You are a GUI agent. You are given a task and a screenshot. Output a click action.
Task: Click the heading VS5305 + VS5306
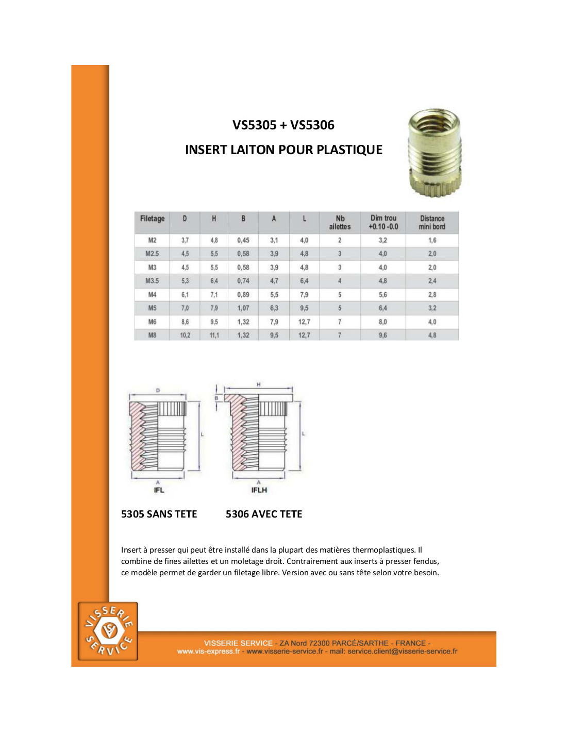point(283,125)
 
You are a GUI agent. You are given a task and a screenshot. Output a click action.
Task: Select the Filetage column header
point(152,219)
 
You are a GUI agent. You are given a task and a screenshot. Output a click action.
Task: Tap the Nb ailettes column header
point(340,223)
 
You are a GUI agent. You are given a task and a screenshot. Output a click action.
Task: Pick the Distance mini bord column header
point(432,223)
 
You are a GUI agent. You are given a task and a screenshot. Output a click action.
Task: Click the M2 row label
point(152,240)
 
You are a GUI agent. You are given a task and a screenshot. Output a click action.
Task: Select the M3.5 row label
point(152,281)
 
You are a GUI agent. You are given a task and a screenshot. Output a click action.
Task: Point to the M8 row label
point(152,335)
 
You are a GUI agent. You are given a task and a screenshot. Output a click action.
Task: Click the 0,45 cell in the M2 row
point(243,240)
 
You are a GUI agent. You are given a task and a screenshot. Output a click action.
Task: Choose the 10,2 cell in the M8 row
point(185,335)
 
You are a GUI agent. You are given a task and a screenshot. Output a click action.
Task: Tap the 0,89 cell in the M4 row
point(243,295)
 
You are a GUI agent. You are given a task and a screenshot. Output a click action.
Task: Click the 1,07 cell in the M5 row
point(243,308)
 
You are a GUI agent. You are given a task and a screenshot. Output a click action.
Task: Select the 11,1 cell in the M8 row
point(214,335)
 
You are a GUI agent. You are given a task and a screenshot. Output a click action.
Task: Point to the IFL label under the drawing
point(159,490)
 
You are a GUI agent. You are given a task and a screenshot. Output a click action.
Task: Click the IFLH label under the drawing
point(259,490)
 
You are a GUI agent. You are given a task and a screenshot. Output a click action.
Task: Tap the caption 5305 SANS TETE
point(159,514)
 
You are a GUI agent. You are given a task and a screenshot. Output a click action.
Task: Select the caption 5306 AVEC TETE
point(264,514)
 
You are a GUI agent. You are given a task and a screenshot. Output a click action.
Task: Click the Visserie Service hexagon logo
point(108,631)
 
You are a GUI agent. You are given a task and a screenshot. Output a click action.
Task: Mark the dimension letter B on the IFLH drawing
point(216,398)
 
